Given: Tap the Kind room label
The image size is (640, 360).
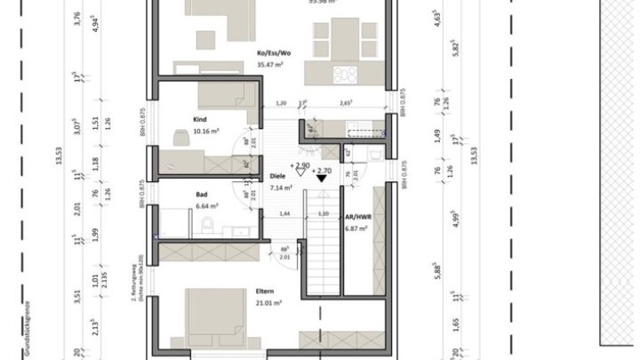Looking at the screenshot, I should pyautogui.click(x=201, y=117).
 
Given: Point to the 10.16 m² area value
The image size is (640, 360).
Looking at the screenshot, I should pyautogui.click(x=205, y=131).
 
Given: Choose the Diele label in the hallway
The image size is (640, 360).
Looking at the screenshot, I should pyautogui.click(x=278, y=177).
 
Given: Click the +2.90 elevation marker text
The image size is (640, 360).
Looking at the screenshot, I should pyautogui.click(x=300, y=165).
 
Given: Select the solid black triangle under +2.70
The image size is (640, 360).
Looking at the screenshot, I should pyautogui.click(x=322, y=180).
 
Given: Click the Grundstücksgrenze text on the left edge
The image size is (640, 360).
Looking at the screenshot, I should pyautogui.click(x=6, y=330).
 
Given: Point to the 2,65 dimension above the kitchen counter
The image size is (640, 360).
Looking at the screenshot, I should pyautogui.click(x=346, y=103).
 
